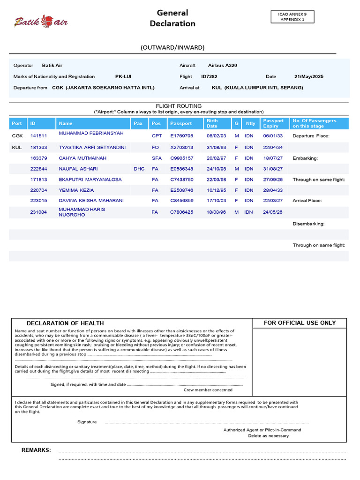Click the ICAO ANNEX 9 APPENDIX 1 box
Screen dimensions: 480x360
coord(292,17)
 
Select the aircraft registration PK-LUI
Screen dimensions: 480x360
coord(123,76)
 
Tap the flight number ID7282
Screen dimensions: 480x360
coord(209,76)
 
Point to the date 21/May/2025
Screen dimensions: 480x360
coord(308,76)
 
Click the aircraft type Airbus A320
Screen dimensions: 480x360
coord(223,66)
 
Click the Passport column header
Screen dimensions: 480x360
coord(181,123)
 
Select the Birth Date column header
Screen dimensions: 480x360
coord(212,123)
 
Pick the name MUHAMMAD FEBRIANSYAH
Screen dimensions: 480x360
coord(91,134)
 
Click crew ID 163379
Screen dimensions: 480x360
coord(38,158)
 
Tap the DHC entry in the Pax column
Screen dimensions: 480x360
coord(139,169)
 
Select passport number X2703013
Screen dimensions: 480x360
coord(181,147)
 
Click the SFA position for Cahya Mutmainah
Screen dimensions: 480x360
coord(157,158)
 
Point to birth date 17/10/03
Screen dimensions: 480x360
coord(216,201)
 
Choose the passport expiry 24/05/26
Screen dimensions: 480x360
coord(273,212)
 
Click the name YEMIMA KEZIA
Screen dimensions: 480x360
coord(76,190)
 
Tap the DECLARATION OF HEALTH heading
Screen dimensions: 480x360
coord(65,323)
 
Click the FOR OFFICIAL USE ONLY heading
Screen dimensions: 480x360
coord(300,322)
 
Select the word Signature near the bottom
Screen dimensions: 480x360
coord(87,422)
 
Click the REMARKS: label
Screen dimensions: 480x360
coord(36,450)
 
